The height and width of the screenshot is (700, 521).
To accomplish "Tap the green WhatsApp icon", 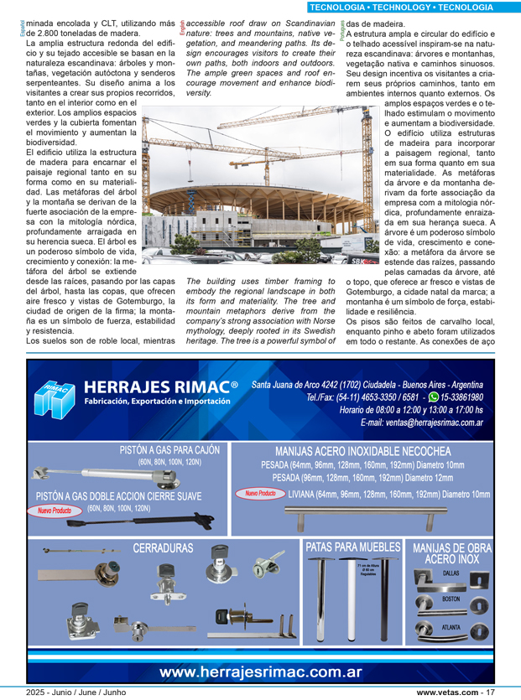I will [433, 397].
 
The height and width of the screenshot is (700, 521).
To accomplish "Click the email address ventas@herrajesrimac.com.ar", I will [422, 423].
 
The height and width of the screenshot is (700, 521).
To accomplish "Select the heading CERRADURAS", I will [163, 548].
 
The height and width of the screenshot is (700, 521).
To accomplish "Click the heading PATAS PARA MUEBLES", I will [352, 547].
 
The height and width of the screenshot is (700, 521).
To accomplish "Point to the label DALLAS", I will [451, 573].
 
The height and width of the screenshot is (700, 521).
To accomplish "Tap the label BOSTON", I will [451, 599].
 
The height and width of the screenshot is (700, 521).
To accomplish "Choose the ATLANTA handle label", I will [451, 626].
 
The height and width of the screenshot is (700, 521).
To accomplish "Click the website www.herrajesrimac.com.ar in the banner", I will [261, 671].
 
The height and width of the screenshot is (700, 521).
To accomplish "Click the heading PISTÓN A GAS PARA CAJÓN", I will [171, 450].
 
